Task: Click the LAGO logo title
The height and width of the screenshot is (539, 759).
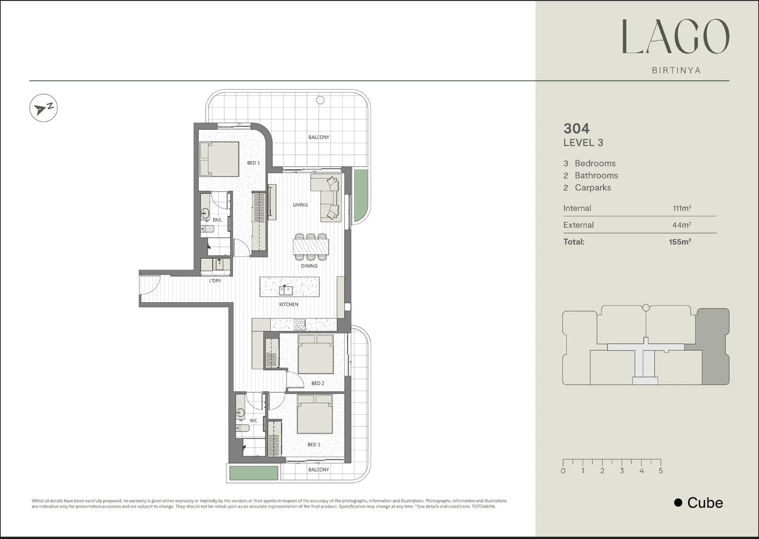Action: tap(676, 37)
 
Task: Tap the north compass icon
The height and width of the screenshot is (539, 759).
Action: tap(43, 108)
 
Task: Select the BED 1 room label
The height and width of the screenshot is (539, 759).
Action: tap(253, 163)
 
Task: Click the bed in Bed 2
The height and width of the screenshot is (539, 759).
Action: tap(315, 354)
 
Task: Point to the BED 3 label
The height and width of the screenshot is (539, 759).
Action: tap(314, 445)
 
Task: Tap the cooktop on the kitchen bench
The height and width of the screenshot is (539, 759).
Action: tap(299, 324)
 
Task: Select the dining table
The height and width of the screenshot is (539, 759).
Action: tap(310, 247)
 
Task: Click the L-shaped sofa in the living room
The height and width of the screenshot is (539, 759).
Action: tap(327, 197)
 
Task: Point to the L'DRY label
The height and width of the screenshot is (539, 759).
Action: tap(215, 281)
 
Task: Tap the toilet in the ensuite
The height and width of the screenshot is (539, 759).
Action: tap(208, 229)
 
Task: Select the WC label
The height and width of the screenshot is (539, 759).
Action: tap(253, 421)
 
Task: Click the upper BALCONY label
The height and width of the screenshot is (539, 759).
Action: tap(318, 137)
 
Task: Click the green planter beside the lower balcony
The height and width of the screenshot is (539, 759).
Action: tap(253, 473)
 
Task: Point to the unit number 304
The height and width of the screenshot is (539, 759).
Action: tap(576, 129)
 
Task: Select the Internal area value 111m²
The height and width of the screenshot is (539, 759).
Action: tap(682, 209)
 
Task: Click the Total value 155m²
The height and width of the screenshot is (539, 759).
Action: tap(680, 242)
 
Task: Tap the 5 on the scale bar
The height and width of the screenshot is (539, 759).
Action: tap(660, 471)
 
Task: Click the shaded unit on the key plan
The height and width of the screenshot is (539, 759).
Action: tap(714, 346)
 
